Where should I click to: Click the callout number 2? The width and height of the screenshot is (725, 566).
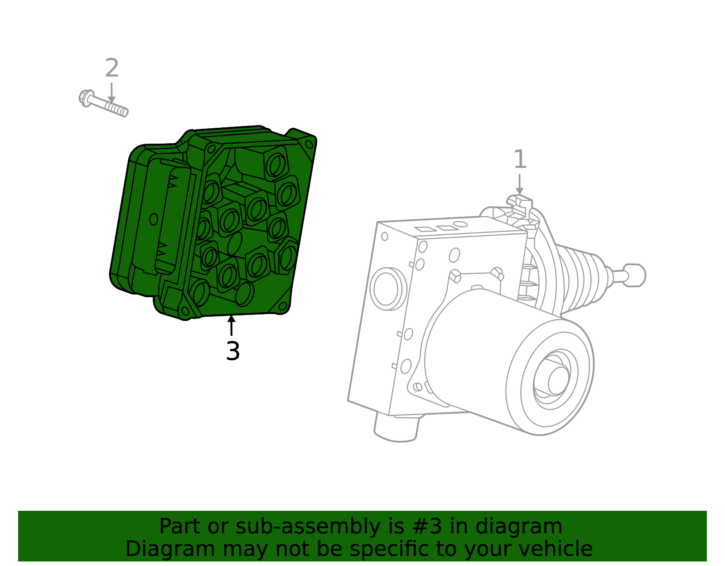(x=112, y=68)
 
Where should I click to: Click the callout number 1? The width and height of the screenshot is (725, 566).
(x=520, y=160)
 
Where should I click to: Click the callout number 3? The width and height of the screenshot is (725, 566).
(x=232, y=351)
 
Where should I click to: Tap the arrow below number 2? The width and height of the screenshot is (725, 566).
(x=111, y=93)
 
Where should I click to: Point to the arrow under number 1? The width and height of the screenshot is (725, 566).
(x=520, y=185)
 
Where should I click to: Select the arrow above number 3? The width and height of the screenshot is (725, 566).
(x=232, y=325)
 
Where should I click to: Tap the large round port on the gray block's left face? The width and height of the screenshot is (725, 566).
(x=386, y=289)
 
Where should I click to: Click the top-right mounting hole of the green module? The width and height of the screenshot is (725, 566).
(x=309, y=145)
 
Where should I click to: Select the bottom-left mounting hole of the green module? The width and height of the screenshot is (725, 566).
(x=185, y=311)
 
